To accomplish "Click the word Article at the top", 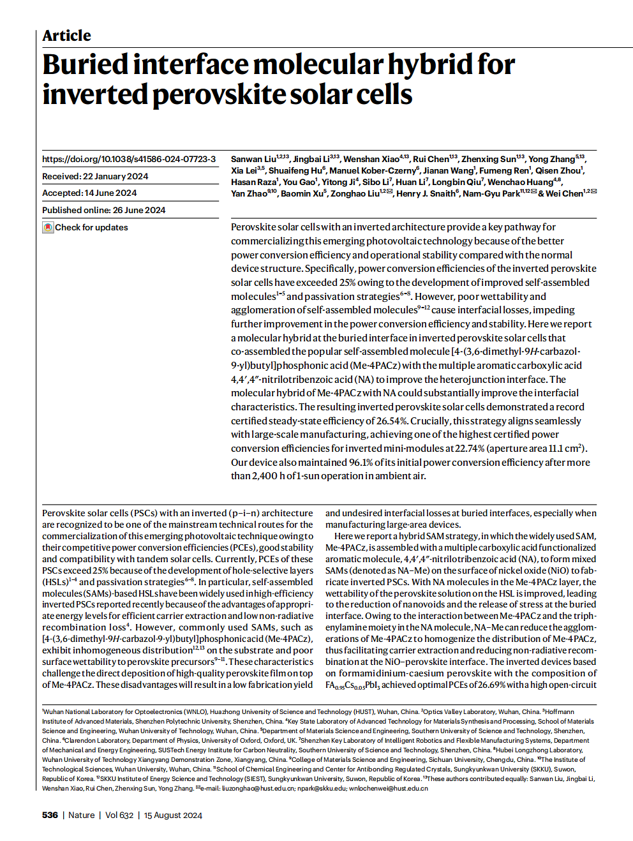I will click(x=66, y=36).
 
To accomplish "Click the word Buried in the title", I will click(x=86, y=64).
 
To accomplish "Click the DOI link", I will click(x=129, y=159).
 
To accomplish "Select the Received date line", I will click(x=95, y=176).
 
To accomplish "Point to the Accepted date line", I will click(x=89, y=193).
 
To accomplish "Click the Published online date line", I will click(x=103, y=210).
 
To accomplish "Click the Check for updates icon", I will click(x=48, y=227).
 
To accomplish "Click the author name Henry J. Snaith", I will click(x=426, y=193).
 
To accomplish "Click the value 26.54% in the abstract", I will click(x=388, y=421).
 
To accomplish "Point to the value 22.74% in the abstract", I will click(x=470, y=449).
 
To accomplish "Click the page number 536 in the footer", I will click(x=50, y=815).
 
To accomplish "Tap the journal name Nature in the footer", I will click(x=81, y=815).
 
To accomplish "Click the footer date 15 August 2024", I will click(x=173, y=815).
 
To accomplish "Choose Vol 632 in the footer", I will click(x=119, y=815).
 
